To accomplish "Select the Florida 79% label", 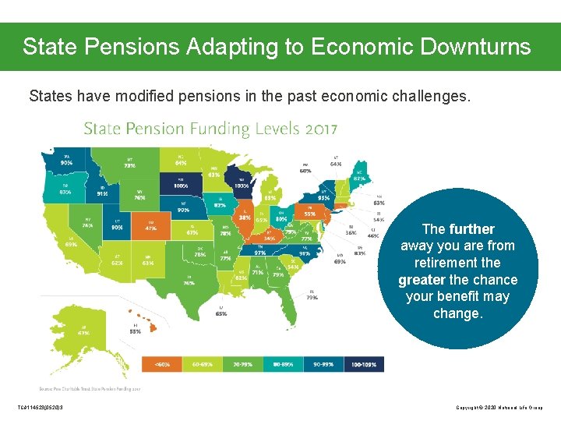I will (312, 295).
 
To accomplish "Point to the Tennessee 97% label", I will (260, 252).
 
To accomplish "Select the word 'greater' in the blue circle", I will (422, 280).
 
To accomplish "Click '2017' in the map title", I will (315, 129).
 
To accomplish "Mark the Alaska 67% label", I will (83, 331).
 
